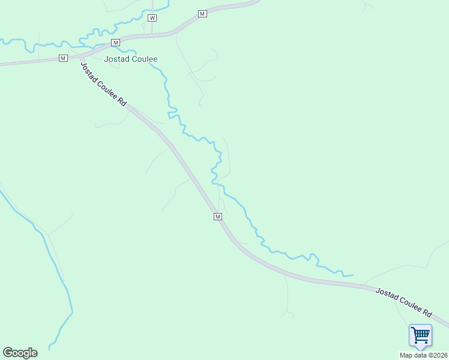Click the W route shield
click(x=152, y=18)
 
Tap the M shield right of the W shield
click(x=202, y=13)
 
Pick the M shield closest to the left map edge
click(x=63, y=58)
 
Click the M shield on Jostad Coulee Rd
click(x=218, y=216)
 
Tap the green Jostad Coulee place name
click(x=131, y=59)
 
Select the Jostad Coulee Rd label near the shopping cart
click(x=403, y=302)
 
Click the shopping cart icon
click(x=420, y=335)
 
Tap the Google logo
click(x=20, y=353)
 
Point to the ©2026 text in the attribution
click(x=436, y=355)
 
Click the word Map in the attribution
click(x=407, y=355)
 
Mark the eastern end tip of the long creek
click(x=352, y=275)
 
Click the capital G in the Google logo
click(x=8, y=353)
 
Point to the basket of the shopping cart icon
click(x=421, y=332)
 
